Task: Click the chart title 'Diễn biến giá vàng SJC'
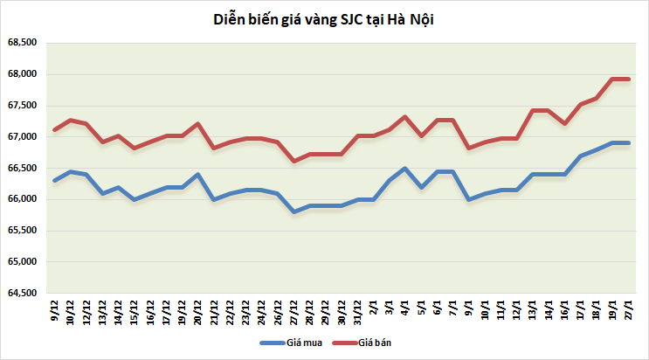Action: pos(324,19)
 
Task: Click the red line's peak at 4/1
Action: pos(405,116)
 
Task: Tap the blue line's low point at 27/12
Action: pos(293,211)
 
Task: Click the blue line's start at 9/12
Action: pos(55,181)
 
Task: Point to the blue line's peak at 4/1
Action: pos(405,168)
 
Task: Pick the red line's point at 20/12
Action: pos(198,123)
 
